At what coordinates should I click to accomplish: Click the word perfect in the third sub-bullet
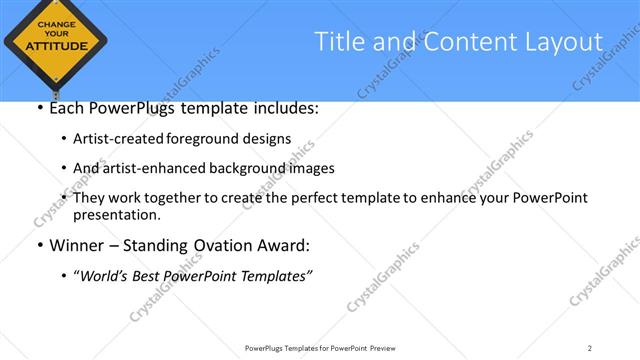tap(331, 198)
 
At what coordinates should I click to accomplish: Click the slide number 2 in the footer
tap(590, 348)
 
